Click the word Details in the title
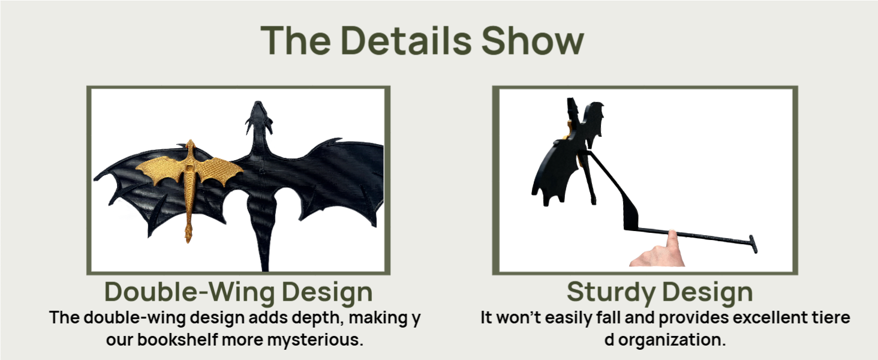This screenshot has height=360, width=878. coord(406,40)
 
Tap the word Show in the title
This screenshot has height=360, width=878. coord(533,40)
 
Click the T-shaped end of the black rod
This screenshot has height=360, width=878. coord(753,244)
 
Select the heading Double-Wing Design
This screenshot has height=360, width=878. coord(239,293)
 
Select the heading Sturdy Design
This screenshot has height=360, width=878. coord(660,293)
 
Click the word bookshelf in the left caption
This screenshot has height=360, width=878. coord(178,340)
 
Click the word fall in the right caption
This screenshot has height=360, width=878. coord(609,317)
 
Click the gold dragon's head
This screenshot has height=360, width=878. coord(191,144)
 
